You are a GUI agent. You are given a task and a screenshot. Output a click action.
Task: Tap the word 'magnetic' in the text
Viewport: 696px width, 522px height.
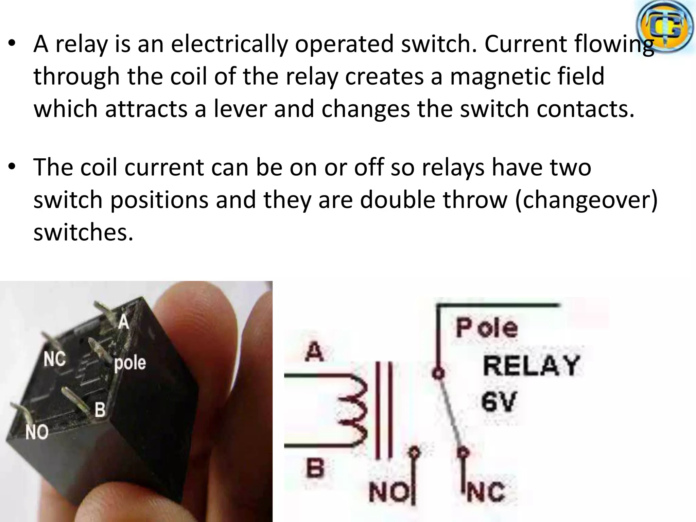492,77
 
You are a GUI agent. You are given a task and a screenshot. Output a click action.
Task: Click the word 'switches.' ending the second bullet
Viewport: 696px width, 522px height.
83,233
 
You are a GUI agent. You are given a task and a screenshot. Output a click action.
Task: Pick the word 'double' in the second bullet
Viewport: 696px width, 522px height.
398,200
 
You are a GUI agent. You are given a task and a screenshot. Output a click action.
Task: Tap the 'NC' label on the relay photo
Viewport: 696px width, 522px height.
54,359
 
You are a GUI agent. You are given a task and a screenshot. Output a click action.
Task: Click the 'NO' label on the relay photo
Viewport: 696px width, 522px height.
37,432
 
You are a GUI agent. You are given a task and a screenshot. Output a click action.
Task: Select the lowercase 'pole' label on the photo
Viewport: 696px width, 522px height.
130,363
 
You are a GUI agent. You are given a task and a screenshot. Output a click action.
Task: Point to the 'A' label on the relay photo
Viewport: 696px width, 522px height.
124,321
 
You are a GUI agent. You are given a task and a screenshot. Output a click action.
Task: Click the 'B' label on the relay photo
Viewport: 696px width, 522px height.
100,410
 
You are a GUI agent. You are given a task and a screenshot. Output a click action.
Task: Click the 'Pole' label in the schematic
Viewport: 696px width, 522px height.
487,328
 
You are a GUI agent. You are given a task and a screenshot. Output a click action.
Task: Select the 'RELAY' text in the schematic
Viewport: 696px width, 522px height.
531,365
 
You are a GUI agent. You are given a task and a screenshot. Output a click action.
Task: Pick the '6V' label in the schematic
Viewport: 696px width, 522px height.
499,401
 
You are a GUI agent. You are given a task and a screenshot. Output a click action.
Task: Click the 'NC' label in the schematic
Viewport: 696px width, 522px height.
487,492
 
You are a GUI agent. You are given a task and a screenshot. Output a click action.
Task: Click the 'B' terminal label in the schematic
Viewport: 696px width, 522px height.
315,468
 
